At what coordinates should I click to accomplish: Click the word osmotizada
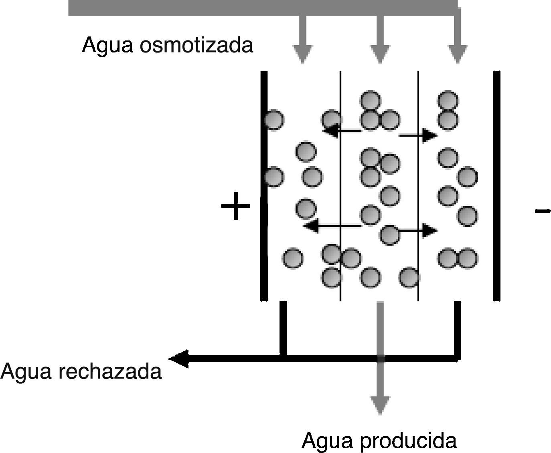tap(196, 45)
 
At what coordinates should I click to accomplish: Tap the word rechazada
tap(110, 371)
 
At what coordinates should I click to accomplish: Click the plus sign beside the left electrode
tap(235, 206)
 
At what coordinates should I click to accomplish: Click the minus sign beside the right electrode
tap(542, 210)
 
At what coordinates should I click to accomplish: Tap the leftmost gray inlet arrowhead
tap(303, 54)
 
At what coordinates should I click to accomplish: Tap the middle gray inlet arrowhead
tap(380, 54)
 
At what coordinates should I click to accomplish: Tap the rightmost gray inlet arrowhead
tap(457, 54)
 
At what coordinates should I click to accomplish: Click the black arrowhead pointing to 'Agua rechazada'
tap(178, 358)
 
